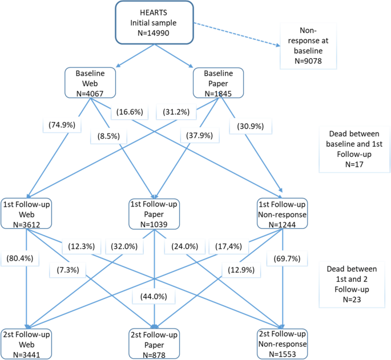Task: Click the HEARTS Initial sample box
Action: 154,23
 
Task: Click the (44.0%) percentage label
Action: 149,297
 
